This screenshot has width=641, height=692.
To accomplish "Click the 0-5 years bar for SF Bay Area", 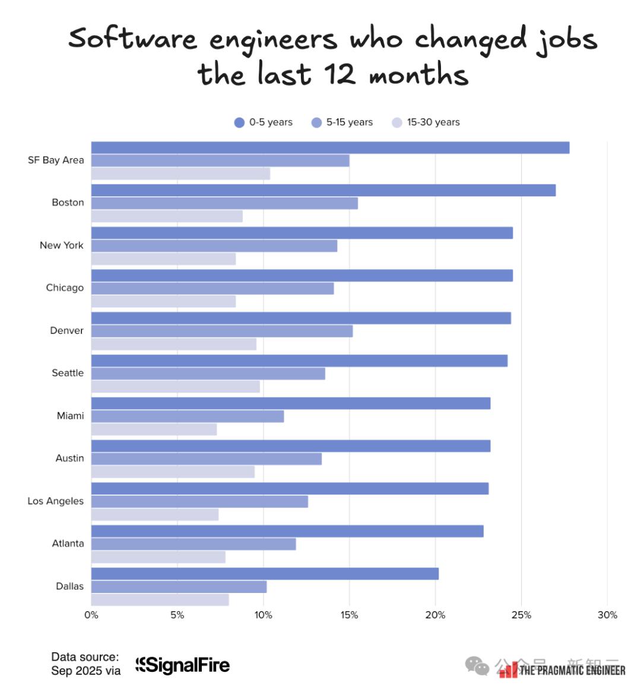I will coord(330,148).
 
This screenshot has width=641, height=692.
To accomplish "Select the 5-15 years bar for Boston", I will coord(224,203).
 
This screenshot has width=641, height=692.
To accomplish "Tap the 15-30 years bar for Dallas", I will coord(160,599).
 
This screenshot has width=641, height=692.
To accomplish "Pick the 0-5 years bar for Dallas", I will coord(265,573).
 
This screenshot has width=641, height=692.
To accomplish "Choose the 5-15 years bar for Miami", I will coord(188,416).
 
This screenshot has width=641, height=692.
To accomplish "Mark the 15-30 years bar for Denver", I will coord(173,344).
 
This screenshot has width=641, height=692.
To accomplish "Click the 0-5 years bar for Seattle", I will coord(299,361).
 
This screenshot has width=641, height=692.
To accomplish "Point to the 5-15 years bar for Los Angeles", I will coord(199,502).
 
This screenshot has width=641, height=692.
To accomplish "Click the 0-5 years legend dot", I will coord(239,123).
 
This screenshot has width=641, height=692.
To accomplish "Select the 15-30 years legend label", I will coord(433,122).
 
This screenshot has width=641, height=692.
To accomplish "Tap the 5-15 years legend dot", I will coord(316,123).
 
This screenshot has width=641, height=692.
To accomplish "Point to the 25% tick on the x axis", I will coord(521,615).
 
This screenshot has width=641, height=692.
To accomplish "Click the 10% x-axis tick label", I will coord(264,615).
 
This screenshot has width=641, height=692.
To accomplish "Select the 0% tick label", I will coord(91,615).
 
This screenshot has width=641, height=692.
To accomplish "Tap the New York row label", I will coord(62,245).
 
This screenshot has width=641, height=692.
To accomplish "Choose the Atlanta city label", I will coord(68,543).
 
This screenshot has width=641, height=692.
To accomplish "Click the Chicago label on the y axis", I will coord(65,288).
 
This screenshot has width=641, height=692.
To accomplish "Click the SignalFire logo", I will coord(183,665).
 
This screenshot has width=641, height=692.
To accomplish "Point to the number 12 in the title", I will coord(339,75).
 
